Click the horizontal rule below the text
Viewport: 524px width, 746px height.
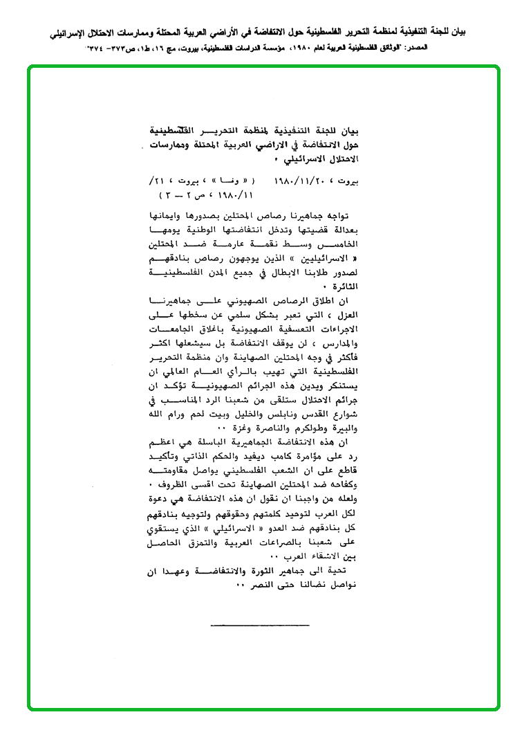[259, 626]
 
